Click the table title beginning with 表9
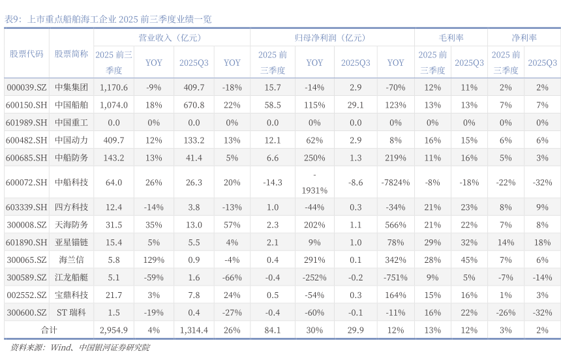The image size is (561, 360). click(108, 20)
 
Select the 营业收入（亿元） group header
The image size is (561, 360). click(171, 38)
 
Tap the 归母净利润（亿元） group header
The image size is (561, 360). click(331, 38)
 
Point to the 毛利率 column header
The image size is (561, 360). click(451, 38)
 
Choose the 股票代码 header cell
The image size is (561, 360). click(27, 54)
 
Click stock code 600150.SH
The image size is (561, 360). click(27, 105)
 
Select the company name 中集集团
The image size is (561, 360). click(71, 87)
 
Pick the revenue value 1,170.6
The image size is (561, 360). click(114, 87)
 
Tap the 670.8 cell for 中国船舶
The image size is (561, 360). click(194, 105)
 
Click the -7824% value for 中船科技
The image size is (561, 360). click(395, 183)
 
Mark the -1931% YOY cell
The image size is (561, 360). click(314, 183)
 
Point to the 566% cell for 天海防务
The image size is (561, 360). click(395, 225)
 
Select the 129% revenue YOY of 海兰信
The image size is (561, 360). click(154, 260)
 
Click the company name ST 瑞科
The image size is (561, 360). click(71, 312)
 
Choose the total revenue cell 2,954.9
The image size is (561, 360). click(114, 330)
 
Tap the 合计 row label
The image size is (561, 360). click(49, 330)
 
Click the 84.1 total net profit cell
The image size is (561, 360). click(272, 330)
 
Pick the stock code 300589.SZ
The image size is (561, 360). click(27, 278)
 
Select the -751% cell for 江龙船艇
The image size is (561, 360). click(395, 278)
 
